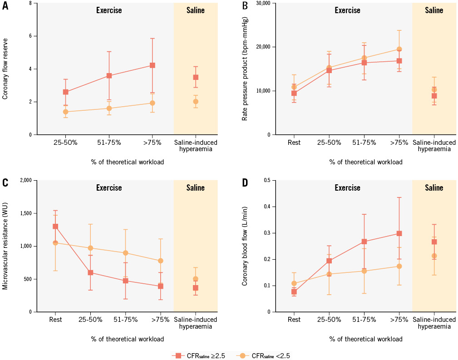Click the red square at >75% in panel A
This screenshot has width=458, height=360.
[153, 65]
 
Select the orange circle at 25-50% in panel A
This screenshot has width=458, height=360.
[66, 112]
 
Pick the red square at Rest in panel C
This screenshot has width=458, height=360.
[55, 226]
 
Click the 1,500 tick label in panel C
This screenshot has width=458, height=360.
[28, 213]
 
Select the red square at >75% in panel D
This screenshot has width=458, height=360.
[399, 233]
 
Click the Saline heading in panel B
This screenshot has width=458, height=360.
[434, 10]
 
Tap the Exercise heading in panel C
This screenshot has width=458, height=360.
[109, 187]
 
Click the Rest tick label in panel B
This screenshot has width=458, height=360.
[294, 143]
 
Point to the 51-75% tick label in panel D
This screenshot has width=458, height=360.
[364, 320]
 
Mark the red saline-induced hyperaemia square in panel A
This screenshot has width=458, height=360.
[196, 78]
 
